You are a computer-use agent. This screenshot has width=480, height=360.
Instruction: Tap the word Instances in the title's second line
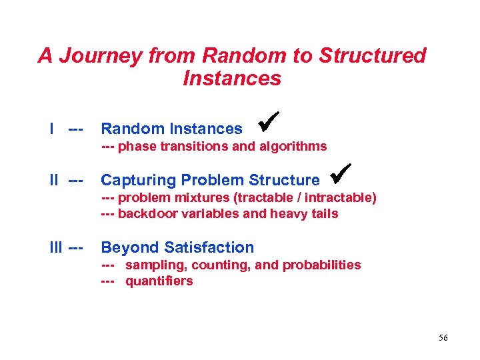click(232, 79)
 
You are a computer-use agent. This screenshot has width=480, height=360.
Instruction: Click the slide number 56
click(443, 338)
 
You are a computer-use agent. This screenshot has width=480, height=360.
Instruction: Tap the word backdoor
click(145, 214)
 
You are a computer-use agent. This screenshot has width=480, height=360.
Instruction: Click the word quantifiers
click(159, 281)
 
